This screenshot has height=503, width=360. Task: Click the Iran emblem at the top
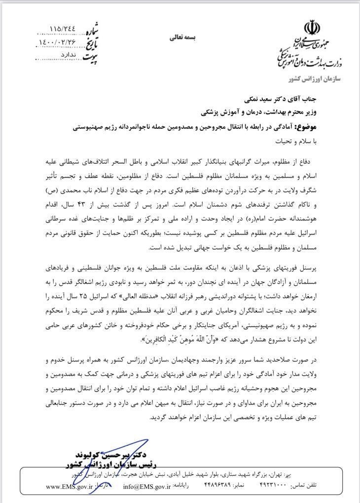pos(312,27)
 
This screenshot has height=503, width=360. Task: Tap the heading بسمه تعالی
pos(182,36)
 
